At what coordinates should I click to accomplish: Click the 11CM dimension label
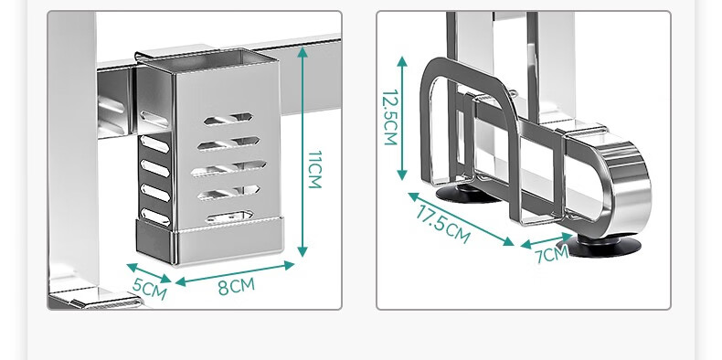point(314,169)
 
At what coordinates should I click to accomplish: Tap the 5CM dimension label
point(150,288)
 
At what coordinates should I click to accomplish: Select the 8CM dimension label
point(236,286)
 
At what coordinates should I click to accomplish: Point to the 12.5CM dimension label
point(390,117)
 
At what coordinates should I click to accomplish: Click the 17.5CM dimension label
point(442,224)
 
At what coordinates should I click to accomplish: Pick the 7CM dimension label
point(553,254)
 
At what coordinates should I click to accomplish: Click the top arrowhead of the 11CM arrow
point(303,51)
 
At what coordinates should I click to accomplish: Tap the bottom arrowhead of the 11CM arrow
point(303,251)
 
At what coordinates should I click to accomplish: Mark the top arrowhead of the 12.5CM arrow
point(402,62)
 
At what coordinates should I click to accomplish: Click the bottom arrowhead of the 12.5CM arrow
point(402,175)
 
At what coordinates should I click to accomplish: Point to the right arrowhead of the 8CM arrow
point(289,265)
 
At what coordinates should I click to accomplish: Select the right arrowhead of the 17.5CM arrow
point(509,241)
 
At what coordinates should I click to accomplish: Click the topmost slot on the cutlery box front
point(228,119)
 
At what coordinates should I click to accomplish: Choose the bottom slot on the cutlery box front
point(229,217)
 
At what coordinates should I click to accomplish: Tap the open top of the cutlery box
point(207,58)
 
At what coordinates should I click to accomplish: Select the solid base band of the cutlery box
point(209,242)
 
